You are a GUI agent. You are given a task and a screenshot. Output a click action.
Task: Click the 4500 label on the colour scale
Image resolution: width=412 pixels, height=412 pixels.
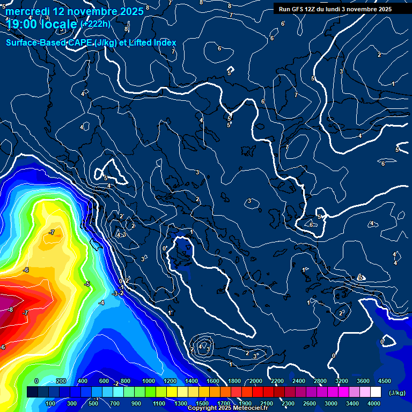384,380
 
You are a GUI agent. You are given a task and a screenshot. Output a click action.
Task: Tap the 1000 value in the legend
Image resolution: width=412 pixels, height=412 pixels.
149,380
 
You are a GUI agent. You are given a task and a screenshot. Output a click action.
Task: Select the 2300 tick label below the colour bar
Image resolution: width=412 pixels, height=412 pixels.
288,403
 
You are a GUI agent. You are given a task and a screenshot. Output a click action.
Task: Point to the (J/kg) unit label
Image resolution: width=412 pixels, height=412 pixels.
397,393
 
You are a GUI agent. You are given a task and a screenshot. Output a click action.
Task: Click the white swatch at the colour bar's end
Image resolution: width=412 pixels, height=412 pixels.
376,392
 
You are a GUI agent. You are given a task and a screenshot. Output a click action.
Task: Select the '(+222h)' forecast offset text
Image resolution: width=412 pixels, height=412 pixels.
95,24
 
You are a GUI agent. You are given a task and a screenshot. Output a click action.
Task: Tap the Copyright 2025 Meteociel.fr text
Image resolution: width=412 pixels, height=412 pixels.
227,408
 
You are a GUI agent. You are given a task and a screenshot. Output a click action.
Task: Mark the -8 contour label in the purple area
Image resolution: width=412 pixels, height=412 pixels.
10,310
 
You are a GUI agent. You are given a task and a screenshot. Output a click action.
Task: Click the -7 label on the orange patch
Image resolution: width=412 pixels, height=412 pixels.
51,232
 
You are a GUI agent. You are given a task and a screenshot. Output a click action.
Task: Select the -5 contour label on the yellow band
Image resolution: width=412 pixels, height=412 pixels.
87,284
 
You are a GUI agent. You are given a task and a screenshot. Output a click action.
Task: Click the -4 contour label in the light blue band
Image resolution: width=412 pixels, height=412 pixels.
101,303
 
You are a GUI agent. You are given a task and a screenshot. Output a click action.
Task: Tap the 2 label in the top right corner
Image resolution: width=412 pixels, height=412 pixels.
379,55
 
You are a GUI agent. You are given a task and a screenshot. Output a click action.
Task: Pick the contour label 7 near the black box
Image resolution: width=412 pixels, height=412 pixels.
231,16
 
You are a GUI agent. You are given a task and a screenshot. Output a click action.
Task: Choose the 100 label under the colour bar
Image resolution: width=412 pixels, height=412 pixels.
51,403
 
